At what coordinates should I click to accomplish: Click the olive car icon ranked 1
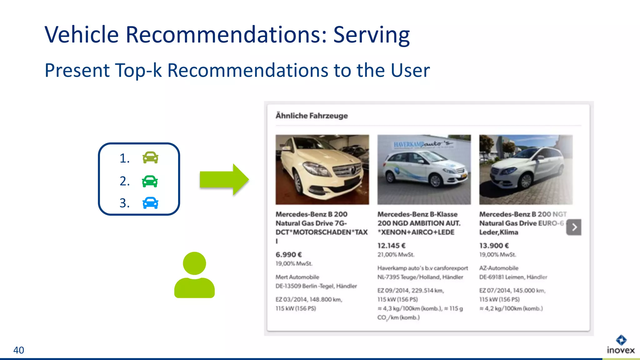[150, 158]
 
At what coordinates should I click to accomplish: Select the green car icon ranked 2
[150, 181]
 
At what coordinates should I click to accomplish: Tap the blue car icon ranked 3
[150, 203]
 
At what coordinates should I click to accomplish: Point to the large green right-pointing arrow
[224, 179]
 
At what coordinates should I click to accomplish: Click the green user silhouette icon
[194, 275]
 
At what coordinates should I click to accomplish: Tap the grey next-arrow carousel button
[574, 227]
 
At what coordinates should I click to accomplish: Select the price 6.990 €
[288, 255]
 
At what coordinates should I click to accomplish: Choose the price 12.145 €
[391, 246]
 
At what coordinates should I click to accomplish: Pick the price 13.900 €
[494, 246]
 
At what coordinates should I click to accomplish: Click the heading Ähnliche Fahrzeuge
[312, 116]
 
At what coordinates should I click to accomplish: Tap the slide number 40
[19, 350]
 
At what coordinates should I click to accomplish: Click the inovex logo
[621, 345]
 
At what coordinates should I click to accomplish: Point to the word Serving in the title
[371, 35]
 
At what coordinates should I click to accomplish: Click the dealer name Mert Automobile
[297, 277]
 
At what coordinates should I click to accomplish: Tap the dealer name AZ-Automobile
[499, 268]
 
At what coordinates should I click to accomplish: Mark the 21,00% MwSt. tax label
[396, 255]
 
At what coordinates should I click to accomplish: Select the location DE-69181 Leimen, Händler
[513, 277]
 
